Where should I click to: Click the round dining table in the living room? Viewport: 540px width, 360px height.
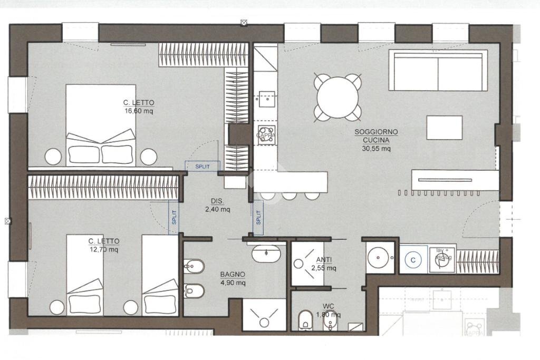tap(338, 97)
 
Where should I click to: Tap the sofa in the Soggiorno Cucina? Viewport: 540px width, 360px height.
tap(438, 71)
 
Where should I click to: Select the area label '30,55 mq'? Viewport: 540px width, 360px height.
tap(376, 149)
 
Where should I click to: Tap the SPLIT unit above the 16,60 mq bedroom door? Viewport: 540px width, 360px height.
tap(202, 166)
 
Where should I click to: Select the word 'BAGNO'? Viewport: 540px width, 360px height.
tap(233, 274)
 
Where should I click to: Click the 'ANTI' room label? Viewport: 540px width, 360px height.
tap(324, 260)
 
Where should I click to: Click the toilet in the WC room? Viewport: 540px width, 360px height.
tap(305, 320)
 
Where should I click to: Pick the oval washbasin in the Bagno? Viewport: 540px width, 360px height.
tap(266, 255)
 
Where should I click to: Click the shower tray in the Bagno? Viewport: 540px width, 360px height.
tap(264, 315)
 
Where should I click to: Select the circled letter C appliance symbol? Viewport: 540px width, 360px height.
tap(413, 259)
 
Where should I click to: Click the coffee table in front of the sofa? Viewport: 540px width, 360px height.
tap(444, 128)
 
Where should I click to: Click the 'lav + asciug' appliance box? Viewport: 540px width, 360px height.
tap(442, 258)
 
